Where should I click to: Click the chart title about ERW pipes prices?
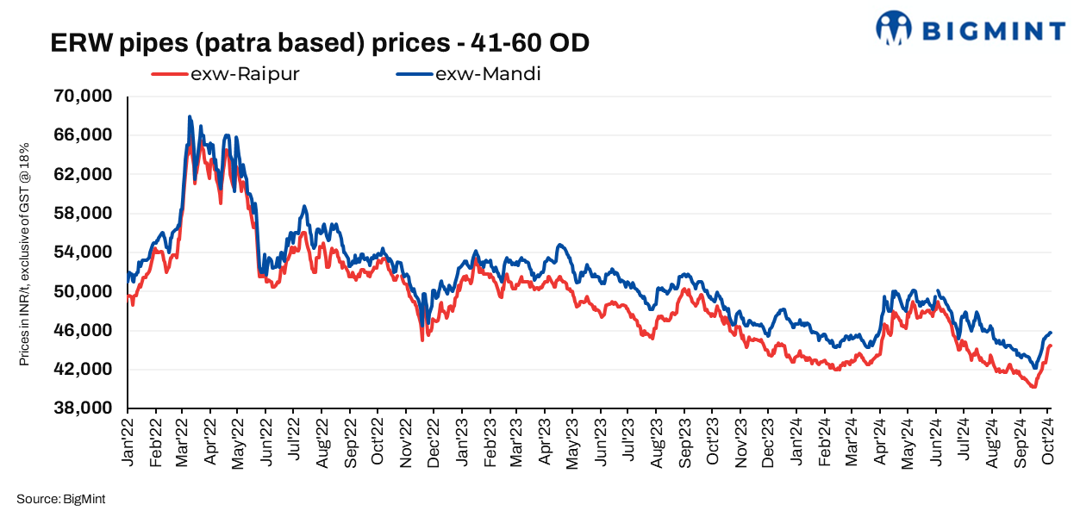pos(320,42)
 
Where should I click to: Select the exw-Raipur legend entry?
pos(225,74)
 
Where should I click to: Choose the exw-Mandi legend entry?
pos(469,74)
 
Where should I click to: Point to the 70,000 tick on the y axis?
pos(84,96)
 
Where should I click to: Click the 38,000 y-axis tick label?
pos(84,408)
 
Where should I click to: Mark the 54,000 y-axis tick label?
pos(84,252)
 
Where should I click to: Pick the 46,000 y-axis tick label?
pos(84,331)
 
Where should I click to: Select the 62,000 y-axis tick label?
pos(84,174)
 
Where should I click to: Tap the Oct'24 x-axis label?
pos(1048,441)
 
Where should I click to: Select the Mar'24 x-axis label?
pos(852,441)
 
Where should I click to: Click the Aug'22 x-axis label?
pos(323,441)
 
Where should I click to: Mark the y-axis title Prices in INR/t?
pos(25,253)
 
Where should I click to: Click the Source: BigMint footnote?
pos(60,499)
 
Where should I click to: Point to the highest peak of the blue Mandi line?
pos(189,116)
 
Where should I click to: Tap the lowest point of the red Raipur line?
pos(1033,387)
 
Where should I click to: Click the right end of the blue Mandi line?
pos(1052,333)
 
